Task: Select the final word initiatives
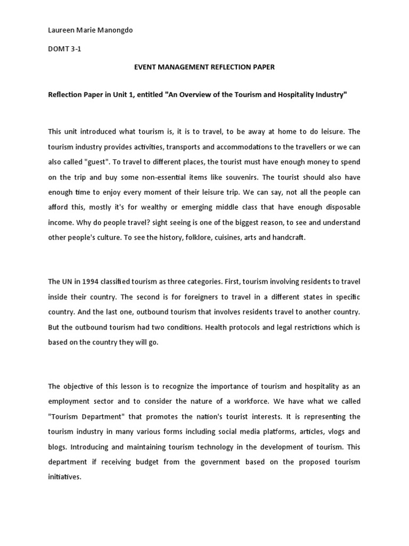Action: coord(64,478)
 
